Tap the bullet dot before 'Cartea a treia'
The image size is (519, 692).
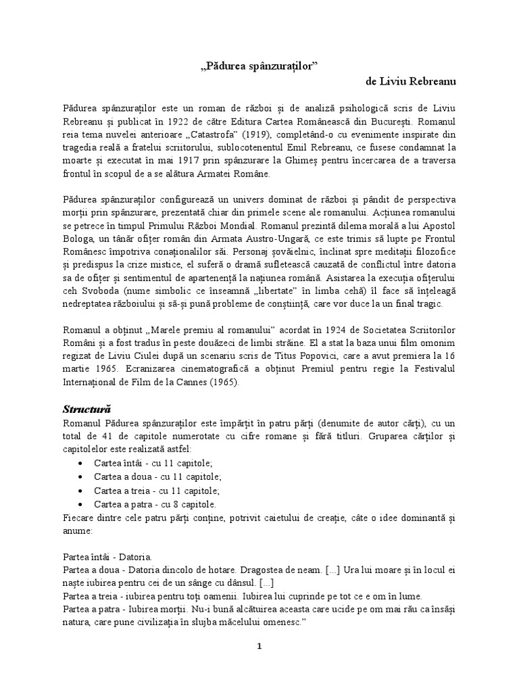[81, 491]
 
